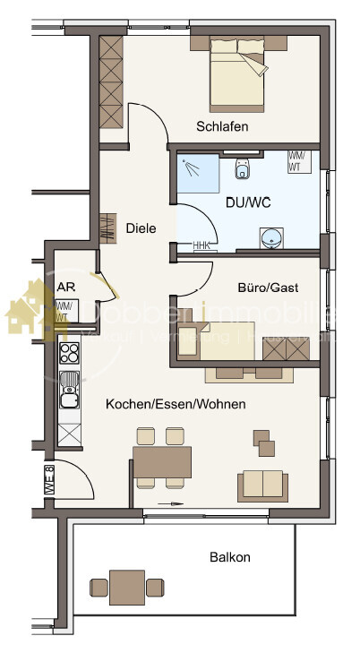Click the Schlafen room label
(x=223, y=126)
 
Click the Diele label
(x=141, y=228)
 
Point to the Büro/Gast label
(x=267, y=288)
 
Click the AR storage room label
(x=65, y=288)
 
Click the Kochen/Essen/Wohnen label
(x=176, y=405)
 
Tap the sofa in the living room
(x=262, y=485)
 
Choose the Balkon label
(x=229, y=556)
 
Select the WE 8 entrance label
(x=50, y=482)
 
